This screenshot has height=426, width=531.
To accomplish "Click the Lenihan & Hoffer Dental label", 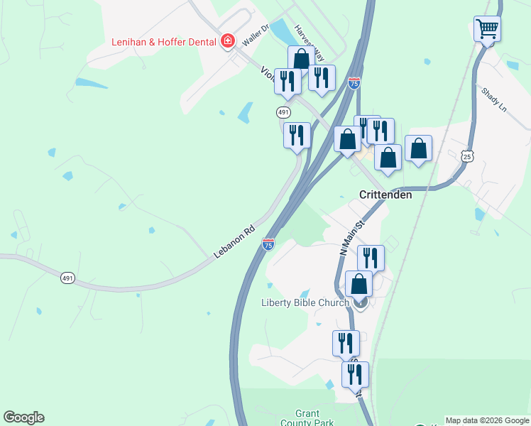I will (164, 42).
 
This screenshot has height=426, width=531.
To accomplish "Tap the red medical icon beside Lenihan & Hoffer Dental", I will (228, 41).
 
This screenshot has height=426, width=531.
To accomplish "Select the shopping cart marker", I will (487, 29).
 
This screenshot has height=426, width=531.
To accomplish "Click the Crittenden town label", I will (385, 195).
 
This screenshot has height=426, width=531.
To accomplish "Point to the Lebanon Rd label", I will (234, 243).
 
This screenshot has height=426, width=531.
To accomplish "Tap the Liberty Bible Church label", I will (305, 302).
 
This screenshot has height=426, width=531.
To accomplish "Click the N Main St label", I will (351, 237).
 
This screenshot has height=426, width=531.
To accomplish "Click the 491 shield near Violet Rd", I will (283, 112).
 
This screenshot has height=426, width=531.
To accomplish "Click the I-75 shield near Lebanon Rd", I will (268, 244).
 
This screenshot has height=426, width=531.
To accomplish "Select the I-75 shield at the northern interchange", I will (354, 84).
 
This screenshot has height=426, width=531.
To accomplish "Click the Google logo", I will (23, 417).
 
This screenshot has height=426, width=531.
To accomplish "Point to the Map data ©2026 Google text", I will (487, 420).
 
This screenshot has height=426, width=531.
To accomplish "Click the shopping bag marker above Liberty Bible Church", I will (359, 284).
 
